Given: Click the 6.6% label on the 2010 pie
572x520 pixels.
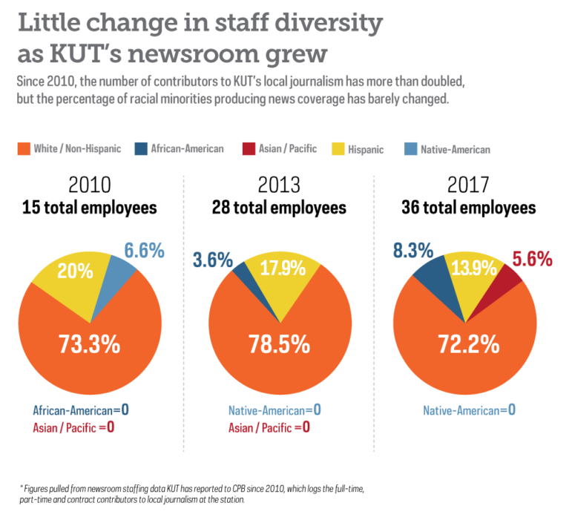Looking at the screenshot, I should [143, 251].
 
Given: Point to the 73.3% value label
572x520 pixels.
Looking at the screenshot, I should [89, 344].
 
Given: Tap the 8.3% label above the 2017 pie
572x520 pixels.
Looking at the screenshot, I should [413, 251].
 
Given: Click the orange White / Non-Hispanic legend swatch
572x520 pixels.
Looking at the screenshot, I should [24, 149].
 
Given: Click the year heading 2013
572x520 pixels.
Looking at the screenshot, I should [278, 185].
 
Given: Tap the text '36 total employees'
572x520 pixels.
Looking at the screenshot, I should [468, 208].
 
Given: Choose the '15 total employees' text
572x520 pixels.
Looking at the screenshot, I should [90, 208].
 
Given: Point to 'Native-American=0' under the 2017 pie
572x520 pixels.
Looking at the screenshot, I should [468, 410].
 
